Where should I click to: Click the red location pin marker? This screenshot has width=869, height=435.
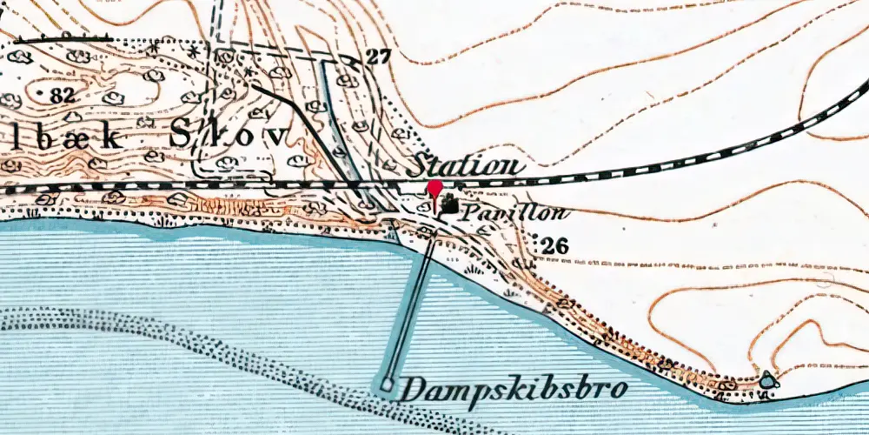pyautogui.click(x=434, y=190)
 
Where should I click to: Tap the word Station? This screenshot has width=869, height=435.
pyautogui.click(x=466, y=164)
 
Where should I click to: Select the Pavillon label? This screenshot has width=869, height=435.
pyautogui.click(x=515, y=212)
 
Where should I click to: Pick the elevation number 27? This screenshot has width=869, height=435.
pyautogui.click(x=379, y=57)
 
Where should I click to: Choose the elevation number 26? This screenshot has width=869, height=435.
pyautogui.click(x=554, y=246)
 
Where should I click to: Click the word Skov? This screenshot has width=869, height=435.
pyautogui.click(x=227, y=136)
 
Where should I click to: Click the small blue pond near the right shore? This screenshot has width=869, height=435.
pyautogui.click(x=766, y=380)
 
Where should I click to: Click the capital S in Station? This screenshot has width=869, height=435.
pyautogui.click(x=420, y=164)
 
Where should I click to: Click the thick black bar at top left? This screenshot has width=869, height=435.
pyautogui.click(x=61, y=38)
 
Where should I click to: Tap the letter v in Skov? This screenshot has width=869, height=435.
pyautogui.click(x=274, y=137)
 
